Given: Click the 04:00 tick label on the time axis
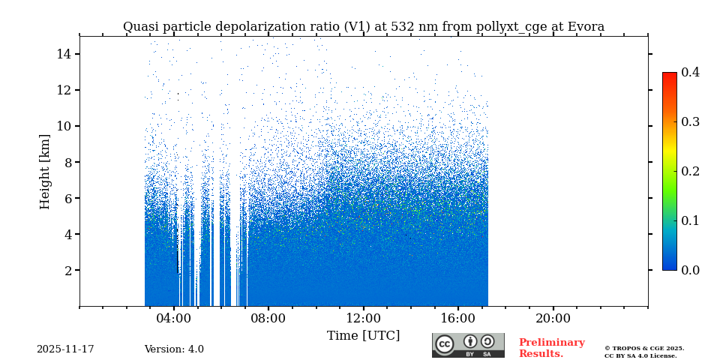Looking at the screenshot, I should coord(174,318).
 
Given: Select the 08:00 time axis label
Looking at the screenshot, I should coord(268,318).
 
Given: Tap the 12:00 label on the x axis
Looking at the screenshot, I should coord(363,318).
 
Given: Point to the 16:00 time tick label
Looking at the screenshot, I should coord(457,318).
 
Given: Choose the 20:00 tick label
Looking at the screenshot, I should coord(553,318).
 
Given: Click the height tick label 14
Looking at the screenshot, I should coord(63,54).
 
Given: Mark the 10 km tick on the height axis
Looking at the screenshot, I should coord(63,126).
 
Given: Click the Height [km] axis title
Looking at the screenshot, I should coord(45,171).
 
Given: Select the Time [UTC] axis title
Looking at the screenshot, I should coord(363,335).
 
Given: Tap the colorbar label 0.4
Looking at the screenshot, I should coord(690,72).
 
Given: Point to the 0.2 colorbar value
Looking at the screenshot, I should coord(690,171).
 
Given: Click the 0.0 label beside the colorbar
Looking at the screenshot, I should coord(690,270).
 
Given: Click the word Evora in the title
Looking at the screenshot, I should coord(586,27).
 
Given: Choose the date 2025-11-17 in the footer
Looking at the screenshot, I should coord(65,349).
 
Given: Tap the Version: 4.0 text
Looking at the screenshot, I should coord(174,349).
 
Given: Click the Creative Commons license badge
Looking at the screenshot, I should coord(468,345).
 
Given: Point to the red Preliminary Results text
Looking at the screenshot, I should coord(551,348).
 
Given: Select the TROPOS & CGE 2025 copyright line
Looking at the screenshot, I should coord(644,348).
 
